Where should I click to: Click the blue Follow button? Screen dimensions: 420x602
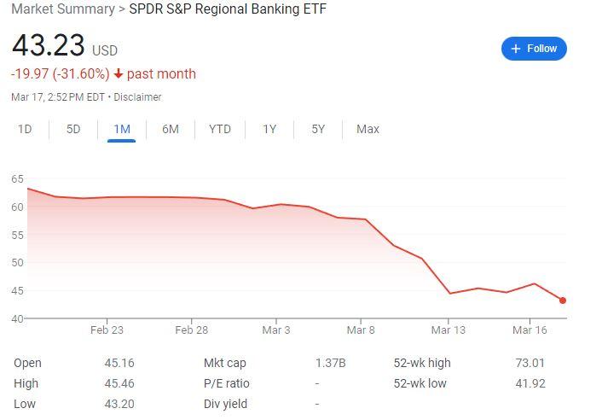click(534, 49)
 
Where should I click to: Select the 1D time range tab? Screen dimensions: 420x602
click(25, 129)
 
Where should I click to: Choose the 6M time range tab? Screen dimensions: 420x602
click(171, 129)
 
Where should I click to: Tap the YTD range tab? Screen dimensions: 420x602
click(220, 129)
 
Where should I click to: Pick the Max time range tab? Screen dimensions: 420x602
click(368, 129)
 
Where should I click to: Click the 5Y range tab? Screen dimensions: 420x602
click(318, 129)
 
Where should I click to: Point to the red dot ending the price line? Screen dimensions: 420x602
click(563, 300)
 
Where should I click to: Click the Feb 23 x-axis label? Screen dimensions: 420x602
click(107, 330)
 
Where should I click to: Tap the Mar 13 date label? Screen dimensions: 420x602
click(448, 330)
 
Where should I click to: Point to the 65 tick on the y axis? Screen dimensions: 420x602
click(17, 178)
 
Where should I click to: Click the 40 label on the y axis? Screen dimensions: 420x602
click(17, 318)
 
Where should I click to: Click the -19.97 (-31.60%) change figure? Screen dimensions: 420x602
click(60, 74)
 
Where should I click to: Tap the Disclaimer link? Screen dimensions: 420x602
click(137, 97)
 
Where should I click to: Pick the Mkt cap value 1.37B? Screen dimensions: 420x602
click(330, 363)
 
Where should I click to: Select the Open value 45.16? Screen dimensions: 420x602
click(119, 363)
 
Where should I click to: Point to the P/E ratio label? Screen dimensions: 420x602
click(227, 383)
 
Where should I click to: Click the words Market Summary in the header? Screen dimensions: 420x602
click(62, 9)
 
